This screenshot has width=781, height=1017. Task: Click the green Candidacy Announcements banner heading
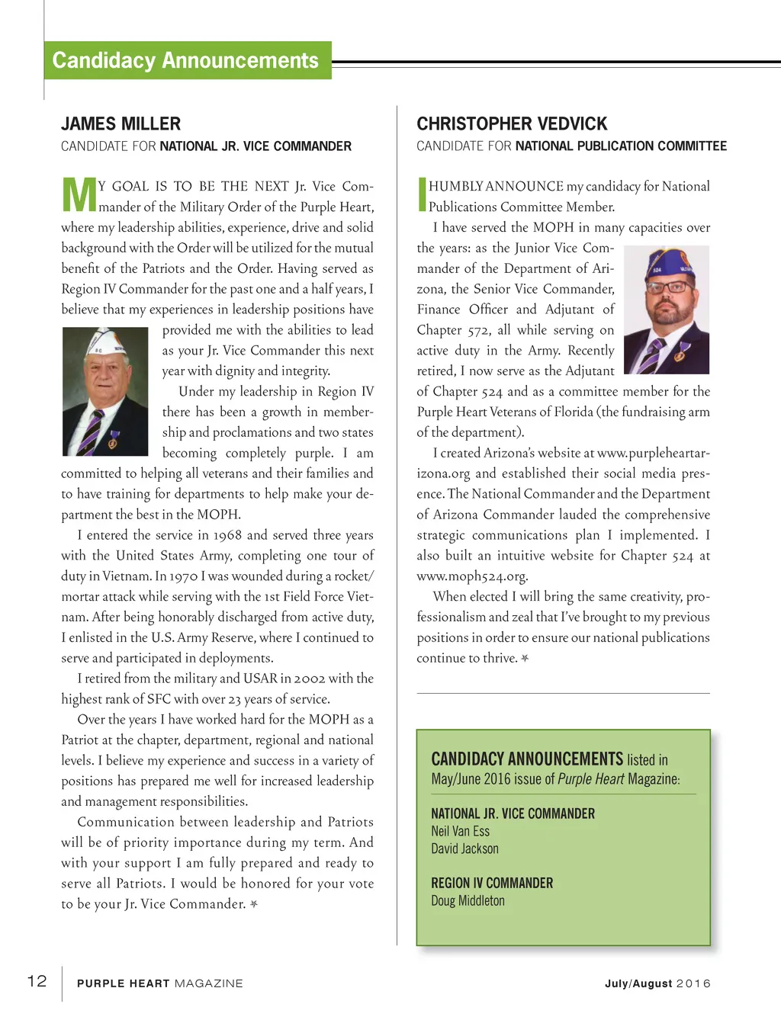point(185,60)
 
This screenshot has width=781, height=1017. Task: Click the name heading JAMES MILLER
point(121,124)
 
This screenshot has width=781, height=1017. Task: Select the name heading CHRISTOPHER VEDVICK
point(512,124)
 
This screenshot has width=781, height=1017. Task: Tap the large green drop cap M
point(79,194)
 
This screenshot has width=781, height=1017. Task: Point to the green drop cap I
point(422,194)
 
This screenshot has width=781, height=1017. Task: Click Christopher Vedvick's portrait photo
point(667,310)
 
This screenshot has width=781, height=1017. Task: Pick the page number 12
point(37,981)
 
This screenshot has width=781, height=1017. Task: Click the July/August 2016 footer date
point(657,983)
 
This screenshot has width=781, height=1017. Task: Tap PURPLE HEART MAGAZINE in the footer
point(160,983)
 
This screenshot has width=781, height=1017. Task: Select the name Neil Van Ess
point(461,831)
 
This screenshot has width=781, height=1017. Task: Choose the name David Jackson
point(465,849)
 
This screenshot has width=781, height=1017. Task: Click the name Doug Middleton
point(468,900)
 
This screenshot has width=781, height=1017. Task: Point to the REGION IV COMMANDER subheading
point(492,883)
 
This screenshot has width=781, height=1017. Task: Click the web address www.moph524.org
point(472,576)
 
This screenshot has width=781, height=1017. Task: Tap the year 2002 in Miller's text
point(310,679)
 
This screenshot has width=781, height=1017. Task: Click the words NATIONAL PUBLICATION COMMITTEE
point(621,146)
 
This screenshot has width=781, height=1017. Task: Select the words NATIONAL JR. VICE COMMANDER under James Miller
point(256,146)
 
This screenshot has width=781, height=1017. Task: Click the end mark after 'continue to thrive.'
point(525,658)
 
